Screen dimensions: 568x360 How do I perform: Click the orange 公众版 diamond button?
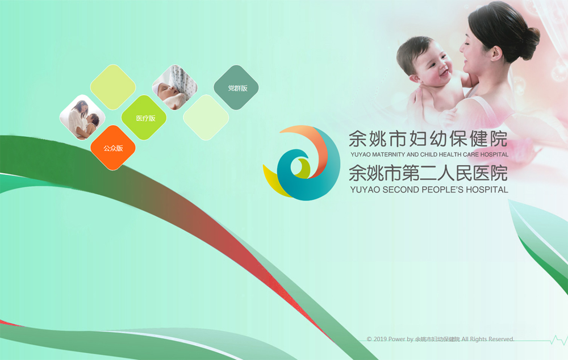(113, 148)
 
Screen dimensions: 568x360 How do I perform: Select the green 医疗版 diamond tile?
(144, 118)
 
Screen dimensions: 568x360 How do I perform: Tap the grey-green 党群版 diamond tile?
(236, 87)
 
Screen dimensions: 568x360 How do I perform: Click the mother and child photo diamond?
(82, 118)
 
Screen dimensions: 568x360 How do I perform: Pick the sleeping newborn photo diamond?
(174, 87)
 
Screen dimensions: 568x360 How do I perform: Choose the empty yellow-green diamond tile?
(113, 87)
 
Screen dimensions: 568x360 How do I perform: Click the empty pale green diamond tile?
(206, 118)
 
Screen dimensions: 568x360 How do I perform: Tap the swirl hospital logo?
(302, 162)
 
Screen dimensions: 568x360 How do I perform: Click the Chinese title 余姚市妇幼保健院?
(428, 139)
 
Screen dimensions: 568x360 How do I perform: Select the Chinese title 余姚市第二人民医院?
(428, 173)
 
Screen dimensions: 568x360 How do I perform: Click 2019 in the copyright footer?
(380, 340)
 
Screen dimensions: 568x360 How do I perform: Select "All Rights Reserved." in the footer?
(487, 340)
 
